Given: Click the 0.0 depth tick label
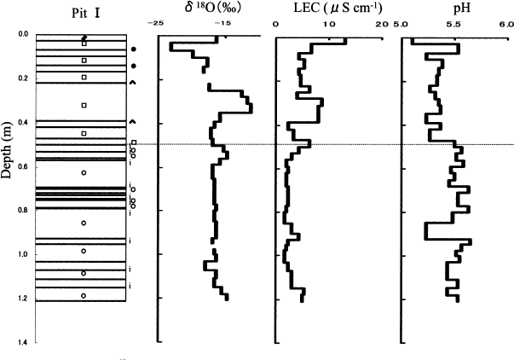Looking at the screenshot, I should [21, 35].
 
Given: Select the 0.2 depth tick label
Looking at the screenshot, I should [21, 78].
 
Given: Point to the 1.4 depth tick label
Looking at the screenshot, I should [21, 342].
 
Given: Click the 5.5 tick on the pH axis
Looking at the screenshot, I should [453, 24].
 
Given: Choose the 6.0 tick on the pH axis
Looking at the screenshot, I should [505, 24].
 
